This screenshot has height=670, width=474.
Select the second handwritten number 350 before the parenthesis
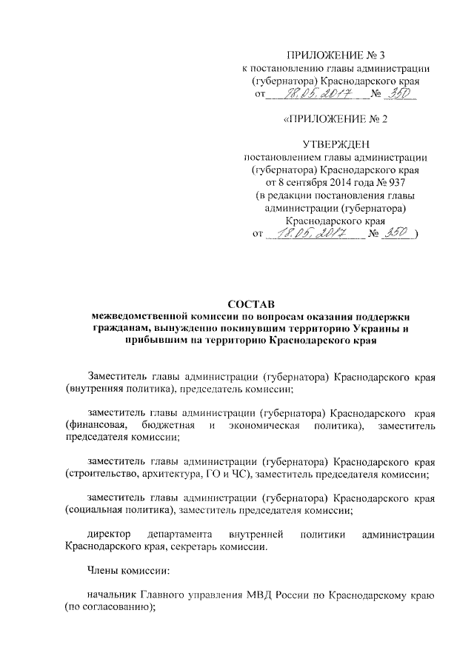tap(399, 234)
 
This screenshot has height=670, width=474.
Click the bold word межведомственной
tap(131, 316)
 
